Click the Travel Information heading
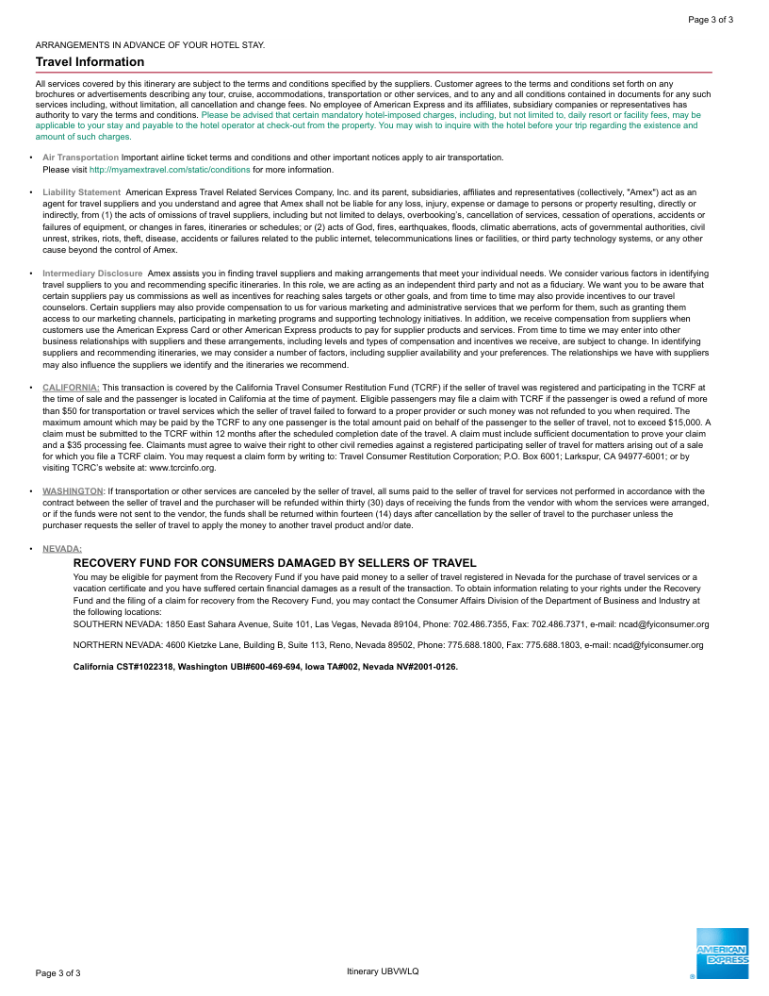90,62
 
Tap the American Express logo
722,954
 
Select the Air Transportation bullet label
81,158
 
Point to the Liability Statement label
81,192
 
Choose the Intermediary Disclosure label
92,274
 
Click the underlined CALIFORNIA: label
71,387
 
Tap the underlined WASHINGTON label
73,491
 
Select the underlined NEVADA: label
62,548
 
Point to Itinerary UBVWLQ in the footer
383,971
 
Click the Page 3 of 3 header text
711,19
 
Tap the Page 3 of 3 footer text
58,972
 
